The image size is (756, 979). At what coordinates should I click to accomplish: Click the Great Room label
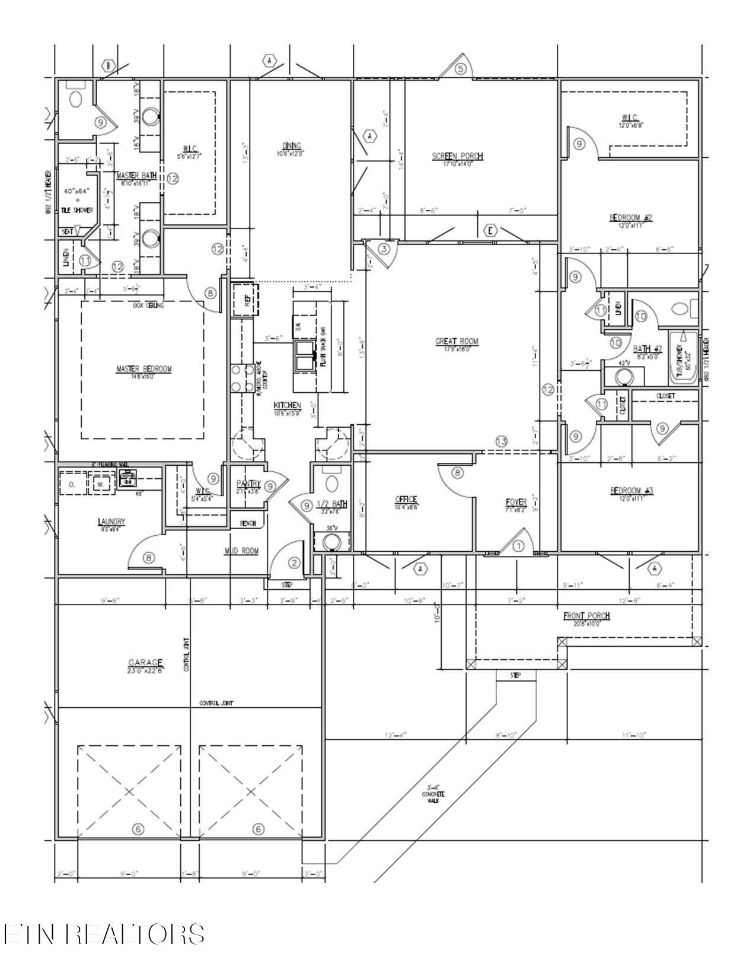(x=457, y=341)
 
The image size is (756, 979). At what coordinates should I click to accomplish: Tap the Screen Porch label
(x=457, y=156)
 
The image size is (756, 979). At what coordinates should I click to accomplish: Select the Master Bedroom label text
(x=143, y=369)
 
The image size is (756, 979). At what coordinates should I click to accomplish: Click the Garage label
(x=145, y=663)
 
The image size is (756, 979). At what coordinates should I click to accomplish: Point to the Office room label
(x=406, y=500)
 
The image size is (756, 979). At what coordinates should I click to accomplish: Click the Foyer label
(x=516, y=502)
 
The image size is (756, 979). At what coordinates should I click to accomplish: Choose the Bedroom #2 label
(x=631, y=218)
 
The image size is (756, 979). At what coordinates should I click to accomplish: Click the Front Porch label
(x=586, y=616)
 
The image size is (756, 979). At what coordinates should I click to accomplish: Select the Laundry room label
(x=111, y=522)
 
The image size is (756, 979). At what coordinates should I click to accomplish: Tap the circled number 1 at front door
(x=518, y=546)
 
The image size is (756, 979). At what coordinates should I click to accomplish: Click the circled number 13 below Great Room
(x=502, y=441)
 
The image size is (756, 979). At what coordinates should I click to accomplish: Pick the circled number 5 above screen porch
(x=461, y=69)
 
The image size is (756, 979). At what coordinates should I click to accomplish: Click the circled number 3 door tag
(x=384, y=249)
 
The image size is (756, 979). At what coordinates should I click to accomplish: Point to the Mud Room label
(x=241, y=551)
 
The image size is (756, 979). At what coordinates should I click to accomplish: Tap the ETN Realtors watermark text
(x=104, y=933)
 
